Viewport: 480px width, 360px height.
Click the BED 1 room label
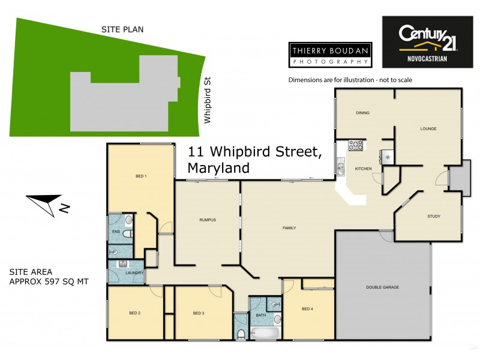click(x=141, y=176)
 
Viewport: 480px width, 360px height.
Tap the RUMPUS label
click(x=207, y=220)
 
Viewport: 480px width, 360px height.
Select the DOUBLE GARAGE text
click(x=382, y=287)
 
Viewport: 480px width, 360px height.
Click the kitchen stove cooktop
click(x=356, y=145)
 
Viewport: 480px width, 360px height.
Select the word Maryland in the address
click(x=218, y=168)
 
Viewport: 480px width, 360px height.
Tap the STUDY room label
click(x=434, y=216)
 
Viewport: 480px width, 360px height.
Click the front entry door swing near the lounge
click(x=442, y=178)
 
